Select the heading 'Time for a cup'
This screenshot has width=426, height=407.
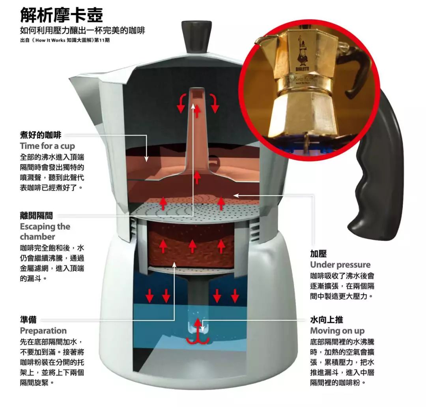(x=47, y=146)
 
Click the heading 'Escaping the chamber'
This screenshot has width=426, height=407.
(x=45, y=231)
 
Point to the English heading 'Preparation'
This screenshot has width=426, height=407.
(x=43, y=330)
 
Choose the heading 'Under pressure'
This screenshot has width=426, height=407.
(x=340, y=264)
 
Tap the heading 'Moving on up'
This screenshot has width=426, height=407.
(x=337, y=331)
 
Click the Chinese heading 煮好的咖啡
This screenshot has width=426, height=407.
(x=41, y=135)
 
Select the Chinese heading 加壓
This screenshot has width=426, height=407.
(x=318, y=253)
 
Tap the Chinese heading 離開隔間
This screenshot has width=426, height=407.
(x=36, y=216)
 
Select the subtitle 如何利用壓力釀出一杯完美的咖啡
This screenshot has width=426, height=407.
(x=82, y=30)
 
